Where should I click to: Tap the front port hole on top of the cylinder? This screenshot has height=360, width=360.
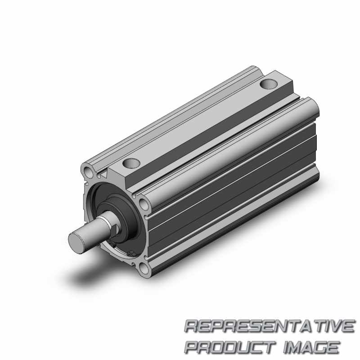(131, 163)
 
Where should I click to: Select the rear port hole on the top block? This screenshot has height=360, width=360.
(269, 84)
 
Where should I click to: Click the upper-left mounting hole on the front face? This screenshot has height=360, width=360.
(88, 171)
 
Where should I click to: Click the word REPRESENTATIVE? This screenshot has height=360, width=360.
(269, 326)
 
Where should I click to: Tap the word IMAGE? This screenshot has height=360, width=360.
(311, 346)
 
